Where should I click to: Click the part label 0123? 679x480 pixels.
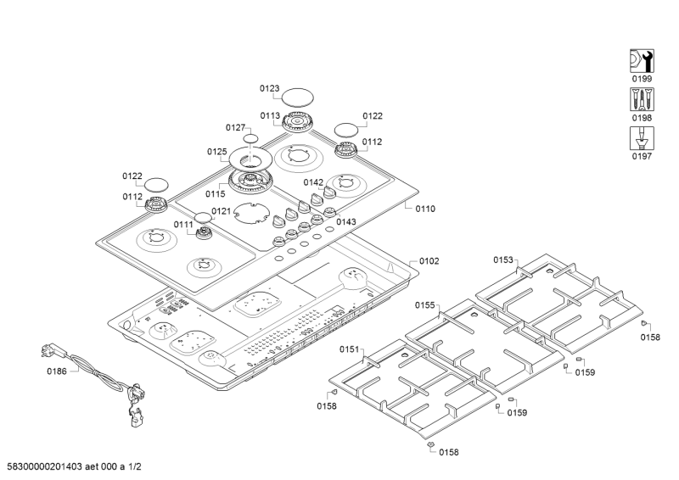270,88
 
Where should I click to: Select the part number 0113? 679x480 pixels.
270,116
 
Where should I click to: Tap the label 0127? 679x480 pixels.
236,127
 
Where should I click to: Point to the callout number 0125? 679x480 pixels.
217,152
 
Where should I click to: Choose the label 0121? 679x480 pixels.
222,211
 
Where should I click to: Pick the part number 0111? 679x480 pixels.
184,225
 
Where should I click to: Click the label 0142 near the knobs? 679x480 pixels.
314,182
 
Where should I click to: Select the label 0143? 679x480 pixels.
345,222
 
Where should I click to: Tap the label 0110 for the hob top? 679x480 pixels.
425,209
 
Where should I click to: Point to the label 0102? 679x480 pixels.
429,261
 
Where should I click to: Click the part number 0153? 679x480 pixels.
503,260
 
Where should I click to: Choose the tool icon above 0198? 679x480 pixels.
640,98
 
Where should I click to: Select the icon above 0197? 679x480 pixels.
640,138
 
